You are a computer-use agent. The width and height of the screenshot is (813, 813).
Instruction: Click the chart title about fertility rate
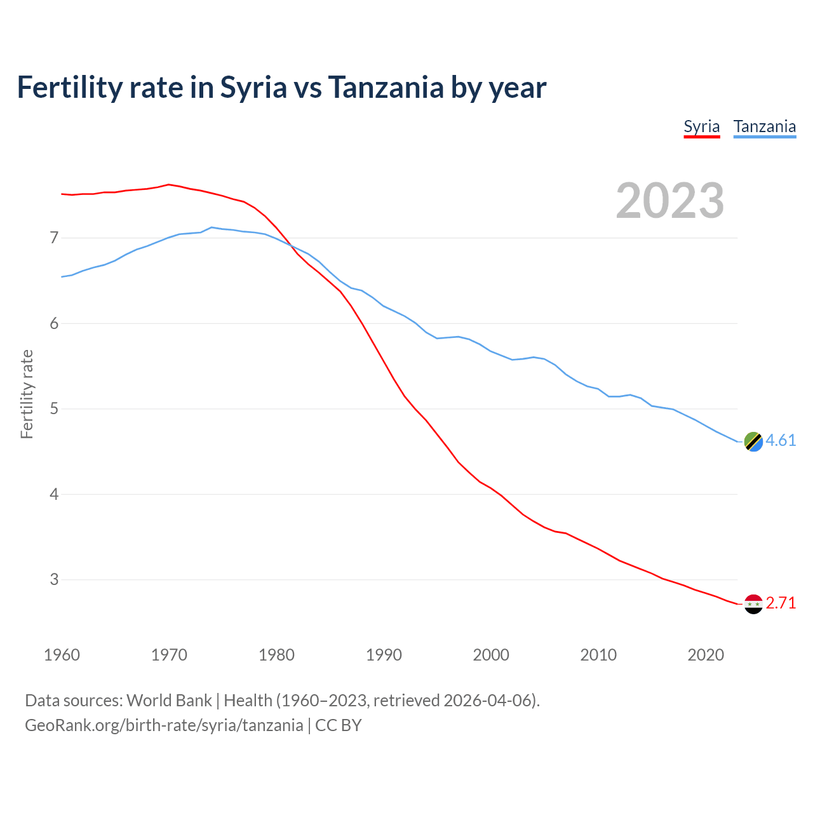281,88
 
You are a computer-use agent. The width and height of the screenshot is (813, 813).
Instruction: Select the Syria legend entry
701,126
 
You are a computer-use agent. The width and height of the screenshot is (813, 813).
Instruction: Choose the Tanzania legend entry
764,126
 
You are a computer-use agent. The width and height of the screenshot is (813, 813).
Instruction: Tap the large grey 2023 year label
669,201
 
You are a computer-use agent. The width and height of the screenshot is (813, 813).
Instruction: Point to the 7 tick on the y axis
54,238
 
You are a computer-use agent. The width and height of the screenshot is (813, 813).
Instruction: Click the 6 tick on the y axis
54,323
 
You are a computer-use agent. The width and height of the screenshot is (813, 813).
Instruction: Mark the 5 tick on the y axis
54,408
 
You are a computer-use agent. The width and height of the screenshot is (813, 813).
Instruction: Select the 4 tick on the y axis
54,494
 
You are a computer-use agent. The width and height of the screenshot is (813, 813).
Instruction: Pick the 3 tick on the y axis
54,579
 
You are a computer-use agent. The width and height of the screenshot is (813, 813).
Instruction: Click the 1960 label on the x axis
62,655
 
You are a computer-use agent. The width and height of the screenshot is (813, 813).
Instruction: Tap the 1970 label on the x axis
169,655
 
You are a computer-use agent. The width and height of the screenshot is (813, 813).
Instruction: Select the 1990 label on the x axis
384,655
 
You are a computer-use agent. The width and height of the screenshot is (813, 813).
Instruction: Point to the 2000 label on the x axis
491,655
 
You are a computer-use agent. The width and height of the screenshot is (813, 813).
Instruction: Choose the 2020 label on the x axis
706,655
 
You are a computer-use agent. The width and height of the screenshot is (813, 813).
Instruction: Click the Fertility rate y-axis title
27,394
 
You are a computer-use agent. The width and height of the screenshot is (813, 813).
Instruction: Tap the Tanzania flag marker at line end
753,441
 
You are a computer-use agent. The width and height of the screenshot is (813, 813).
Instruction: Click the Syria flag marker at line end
753,604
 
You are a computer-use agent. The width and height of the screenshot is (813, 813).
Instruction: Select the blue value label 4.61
781,440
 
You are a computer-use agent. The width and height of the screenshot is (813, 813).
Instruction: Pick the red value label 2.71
781,603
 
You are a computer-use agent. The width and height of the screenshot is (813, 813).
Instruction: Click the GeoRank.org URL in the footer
164,725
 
